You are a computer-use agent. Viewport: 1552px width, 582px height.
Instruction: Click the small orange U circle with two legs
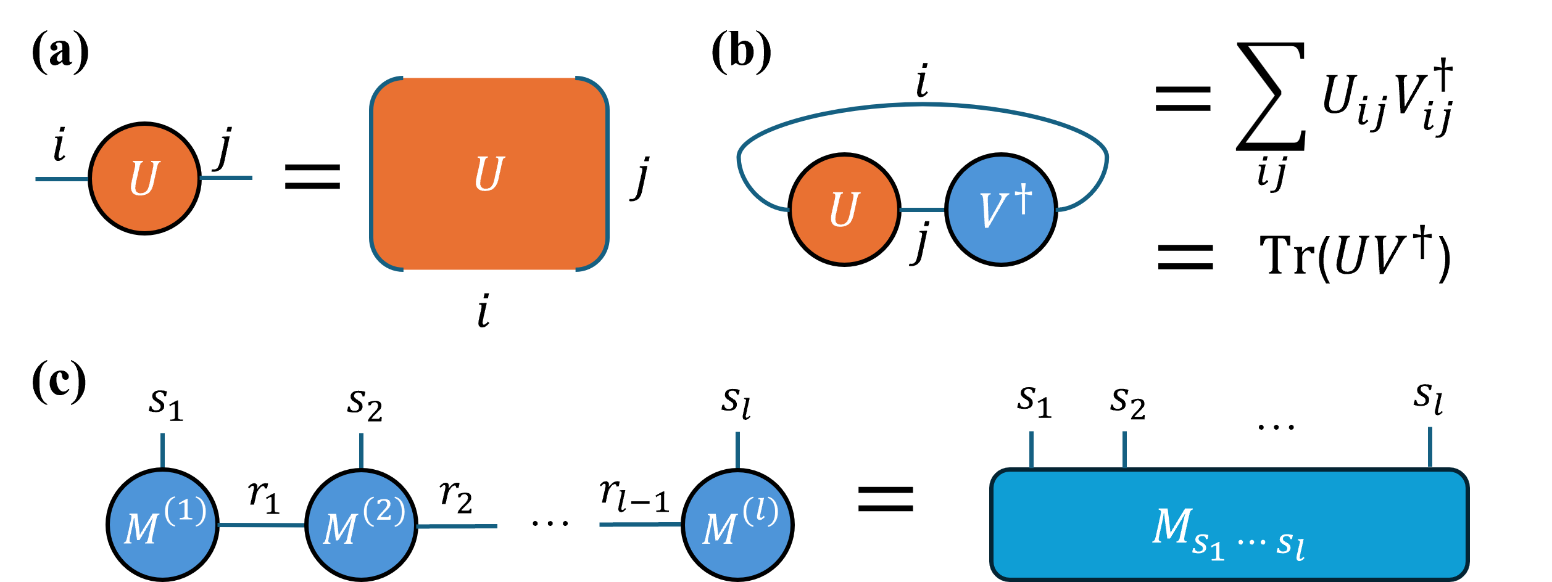click(x=144, y=179)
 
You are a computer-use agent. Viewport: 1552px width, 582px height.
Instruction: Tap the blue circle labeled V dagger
click(x=1000, y=210)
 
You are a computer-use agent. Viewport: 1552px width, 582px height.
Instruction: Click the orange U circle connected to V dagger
click(x=844, y=210)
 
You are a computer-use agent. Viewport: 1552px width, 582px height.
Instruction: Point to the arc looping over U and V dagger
click(x=923, y=105)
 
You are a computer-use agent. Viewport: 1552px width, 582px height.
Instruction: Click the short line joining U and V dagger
click(x=922, y=210)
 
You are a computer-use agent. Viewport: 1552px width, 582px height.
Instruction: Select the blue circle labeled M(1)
click(x=162, y=525)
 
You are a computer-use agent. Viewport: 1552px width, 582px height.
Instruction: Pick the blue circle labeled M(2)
click(x=361, y=525)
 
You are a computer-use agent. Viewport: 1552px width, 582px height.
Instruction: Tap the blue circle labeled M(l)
click(x=737, y=525)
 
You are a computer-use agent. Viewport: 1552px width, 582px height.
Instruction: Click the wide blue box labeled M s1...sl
click(x=1228, y=525)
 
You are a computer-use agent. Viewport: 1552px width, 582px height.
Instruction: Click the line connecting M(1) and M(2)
click(x=261, y=525)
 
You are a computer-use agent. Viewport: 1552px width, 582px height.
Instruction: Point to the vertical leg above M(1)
click(x=162, y=450)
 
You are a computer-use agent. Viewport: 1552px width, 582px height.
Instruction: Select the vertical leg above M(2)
click(x=361, y=450)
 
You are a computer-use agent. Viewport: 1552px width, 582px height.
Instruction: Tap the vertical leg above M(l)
click(x=737, y=449)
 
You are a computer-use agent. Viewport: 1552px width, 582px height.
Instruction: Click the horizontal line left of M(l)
click(x=639, y=525)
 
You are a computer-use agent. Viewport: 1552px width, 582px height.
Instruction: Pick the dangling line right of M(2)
click(x=457, y=526)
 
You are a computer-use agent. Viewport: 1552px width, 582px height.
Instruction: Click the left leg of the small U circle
click(x=62, y=179)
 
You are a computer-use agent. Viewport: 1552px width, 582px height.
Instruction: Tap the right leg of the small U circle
click(x=226, y=178)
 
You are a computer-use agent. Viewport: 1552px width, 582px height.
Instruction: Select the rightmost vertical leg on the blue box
click(x=1430, y=447)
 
